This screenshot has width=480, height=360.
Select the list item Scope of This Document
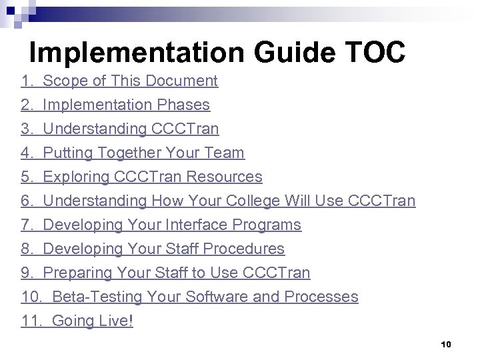coord(130,81)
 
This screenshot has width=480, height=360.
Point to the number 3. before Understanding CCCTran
coord(27,129)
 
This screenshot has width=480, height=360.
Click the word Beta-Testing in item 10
coord(95,297)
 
